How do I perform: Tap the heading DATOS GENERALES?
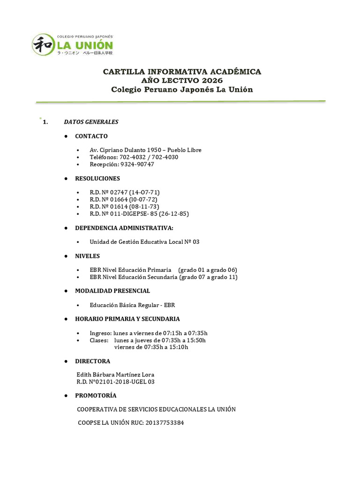tap(91, 122)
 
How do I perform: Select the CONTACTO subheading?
tap(91, 136)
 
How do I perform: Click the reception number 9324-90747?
tap(137, 165)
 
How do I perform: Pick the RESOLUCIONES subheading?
tap(97, 179)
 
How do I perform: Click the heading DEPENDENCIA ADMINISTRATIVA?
tap(124, 228)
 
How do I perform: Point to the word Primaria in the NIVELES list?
tap(159, 270)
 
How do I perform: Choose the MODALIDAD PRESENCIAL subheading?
tap(112, 291)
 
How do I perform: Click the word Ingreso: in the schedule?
tap(103, 333)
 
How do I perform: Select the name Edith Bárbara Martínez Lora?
tap(115, 375)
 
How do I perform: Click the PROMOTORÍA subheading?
tap(96, 396)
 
